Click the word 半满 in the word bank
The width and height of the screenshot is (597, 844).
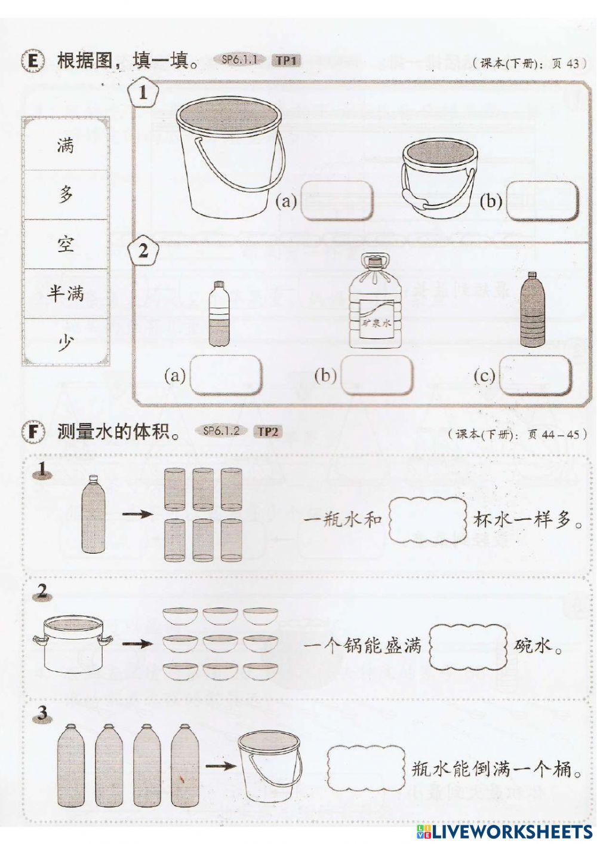[65, 293]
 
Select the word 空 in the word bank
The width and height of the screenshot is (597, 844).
[65, 244]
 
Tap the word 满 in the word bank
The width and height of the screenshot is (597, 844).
[65, 145]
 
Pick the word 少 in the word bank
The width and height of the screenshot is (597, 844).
[65, 343]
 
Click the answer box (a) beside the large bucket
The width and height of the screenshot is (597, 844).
[337, 200]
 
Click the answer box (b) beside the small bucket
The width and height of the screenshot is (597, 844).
[542, 200]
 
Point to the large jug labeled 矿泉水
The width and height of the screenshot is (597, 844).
[374, 305]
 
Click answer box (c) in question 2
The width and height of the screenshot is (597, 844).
[535, 376]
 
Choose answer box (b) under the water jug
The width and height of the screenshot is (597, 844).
[376, 376]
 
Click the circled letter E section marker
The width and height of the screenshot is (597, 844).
[33, 62]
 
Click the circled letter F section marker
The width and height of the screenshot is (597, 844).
[33, 432]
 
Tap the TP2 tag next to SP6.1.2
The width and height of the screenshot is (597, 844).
[267, 431]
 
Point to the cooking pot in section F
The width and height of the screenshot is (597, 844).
[73, 645]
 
